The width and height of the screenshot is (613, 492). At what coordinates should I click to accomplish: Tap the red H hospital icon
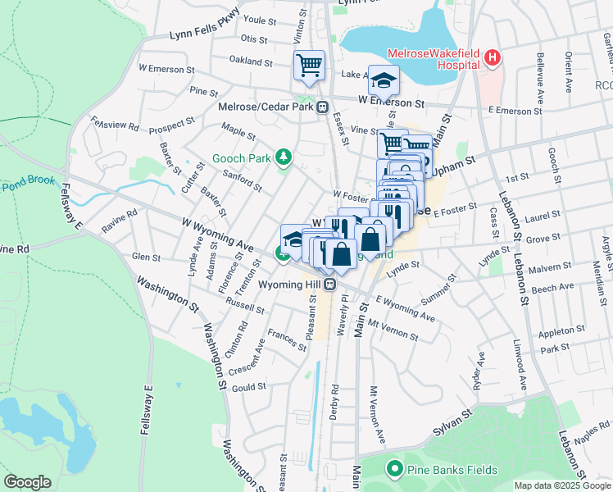click(492, 57)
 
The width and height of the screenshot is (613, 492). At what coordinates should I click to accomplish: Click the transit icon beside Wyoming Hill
click(329, 285)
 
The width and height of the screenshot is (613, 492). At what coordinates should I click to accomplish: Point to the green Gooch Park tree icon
click(284, 156)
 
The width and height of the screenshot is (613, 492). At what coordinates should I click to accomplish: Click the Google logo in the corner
click(27, 482)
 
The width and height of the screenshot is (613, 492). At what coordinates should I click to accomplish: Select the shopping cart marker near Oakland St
click(310, 65)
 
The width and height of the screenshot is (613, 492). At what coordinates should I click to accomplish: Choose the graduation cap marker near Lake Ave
click(383, 80)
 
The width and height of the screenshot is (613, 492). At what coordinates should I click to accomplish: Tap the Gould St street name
click(250, 386)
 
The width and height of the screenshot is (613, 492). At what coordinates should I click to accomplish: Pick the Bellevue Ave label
click(539, 71)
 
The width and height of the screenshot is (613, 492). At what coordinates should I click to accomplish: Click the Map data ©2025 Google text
click(561, 485)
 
